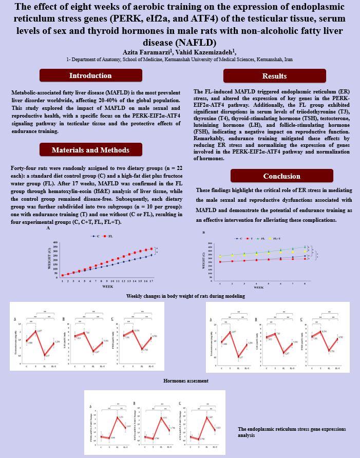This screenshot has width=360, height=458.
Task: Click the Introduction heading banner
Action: (x=90, y=75)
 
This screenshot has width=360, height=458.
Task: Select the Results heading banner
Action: (x=274, y=76)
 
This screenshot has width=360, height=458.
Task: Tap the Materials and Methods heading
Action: (x=90, y=150)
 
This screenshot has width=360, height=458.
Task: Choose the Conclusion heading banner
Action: (x=274, y=176)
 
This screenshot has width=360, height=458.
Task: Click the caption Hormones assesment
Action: (x=185, y=381)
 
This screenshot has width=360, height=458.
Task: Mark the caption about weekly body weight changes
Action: (x=185, y=296)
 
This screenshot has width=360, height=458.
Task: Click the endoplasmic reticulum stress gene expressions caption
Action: (x=292, y=432)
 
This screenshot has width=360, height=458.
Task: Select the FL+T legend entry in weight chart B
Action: (x=276, y=239)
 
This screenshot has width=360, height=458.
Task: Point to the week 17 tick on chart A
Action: (x=151, y=281)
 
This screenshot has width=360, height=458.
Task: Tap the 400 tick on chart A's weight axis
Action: (x=55, y=243)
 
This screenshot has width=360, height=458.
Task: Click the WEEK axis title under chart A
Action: (x=108, y=287)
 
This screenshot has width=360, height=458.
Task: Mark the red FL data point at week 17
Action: (x=151, y=249)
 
